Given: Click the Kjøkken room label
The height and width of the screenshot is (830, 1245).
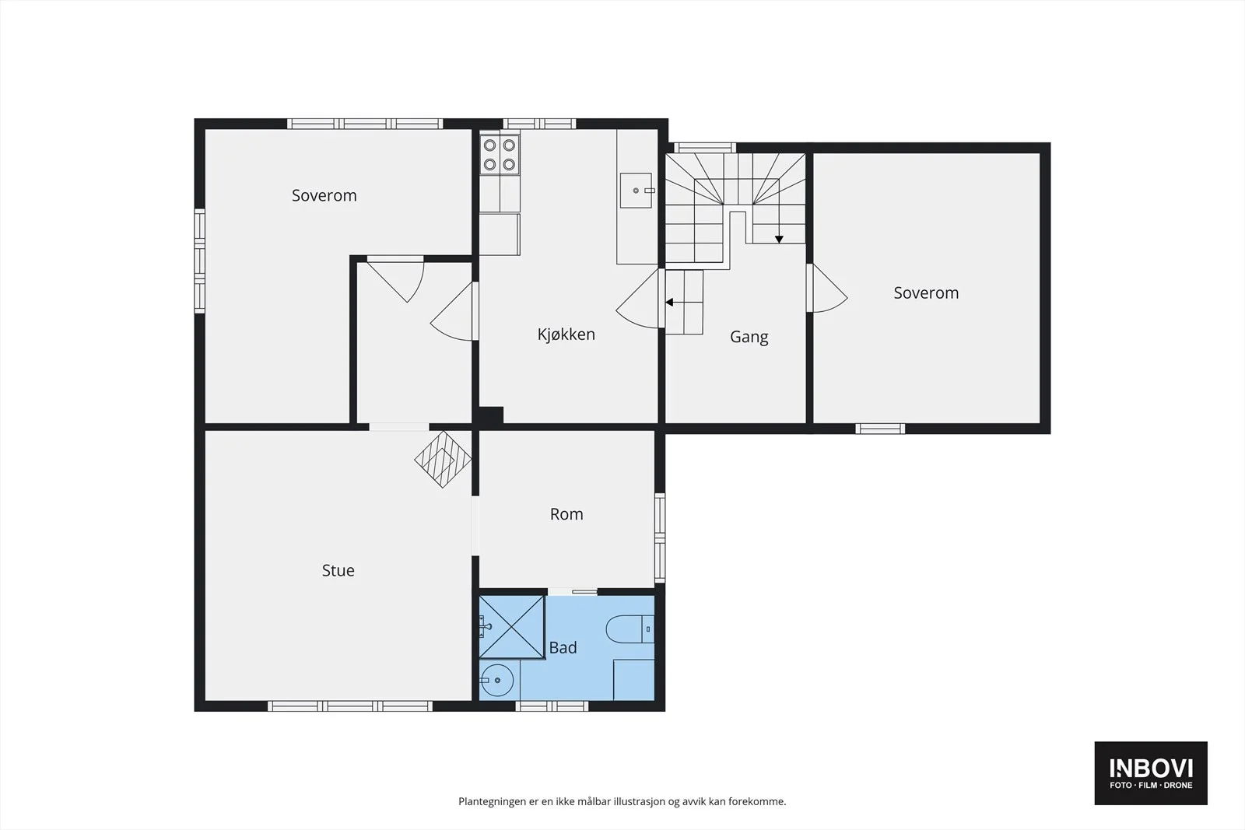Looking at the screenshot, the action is [x=566, y=334].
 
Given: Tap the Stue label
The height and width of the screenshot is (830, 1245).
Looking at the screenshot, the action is [x=338, y=570].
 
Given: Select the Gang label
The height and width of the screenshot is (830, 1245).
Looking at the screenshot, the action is [x=749, y=338].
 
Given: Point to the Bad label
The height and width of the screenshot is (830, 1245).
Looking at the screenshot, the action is [x=563, y=647].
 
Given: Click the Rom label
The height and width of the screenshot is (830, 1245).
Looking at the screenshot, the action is [x=566, y=514].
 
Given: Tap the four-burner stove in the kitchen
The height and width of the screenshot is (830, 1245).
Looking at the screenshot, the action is [x=499, y=155].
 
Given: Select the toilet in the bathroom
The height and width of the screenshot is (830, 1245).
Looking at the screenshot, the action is [x=630, y=629].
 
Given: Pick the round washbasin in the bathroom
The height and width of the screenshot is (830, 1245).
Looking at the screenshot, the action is [x=497, y=680].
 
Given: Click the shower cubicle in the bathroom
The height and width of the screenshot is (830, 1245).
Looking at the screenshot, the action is [x=511, y=627].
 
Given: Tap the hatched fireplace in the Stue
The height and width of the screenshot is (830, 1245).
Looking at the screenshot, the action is [x=443, y=460].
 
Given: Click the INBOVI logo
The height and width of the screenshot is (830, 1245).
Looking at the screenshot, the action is [x=1151, y=772].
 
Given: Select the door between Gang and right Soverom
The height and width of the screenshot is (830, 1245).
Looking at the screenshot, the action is [x=826, y=288].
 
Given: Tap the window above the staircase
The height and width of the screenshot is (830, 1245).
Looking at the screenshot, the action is [x=705, y=148].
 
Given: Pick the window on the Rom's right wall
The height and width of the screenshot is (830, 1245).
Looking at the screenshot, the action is [x=660, y=538].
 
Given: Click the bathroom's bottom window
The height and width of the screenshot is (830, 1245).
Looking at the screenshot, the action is [x=552, y=706].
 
